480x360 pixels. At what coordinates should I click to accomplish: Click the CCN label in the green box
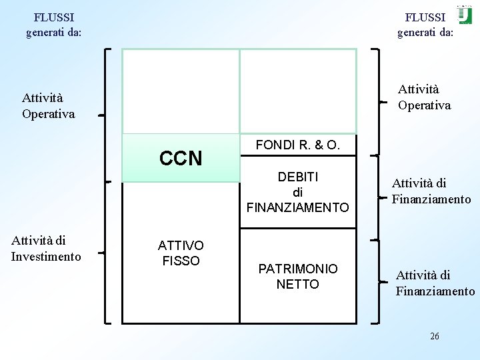pyautogui.click(x=181, y=159)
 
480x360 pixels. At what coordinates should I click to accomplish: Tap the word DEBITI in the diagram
pyautogui.click(x=297, y=177)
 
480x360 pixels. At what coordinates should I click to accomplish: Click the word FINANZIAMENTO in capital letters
pyautogui.click(x=297, y=207)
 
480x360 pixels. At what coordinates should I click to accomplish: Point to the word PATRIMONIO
pyautogui.click(x=297, y=269)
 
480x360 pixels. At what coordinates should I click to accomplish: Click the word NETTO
pyautogui.click(x=297, y=285)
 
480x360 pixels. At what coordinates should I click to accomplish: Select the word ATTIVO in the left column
pyautogui.click(x=181, y=245)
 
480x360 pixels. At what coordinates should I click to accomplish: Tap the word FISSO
pyautogui.click(x=181, y=261)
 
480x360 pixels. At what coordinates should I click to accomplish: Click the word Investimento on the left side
pyautogui.click(x=46, y=257)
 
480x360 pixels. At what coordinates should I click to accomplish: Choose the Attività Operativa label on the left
pyautogui.click(x=48, y=107)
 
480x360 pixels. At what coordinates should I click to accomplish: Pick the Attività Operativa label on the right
pyautogui.click(x=424, y=97)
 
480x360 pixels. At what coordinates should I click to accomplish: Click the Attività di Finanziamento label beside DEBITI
pyautogui.click(x=431, y=191)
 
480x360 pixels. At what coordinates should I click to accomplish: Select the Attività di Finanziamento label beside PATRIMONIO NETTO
pyautogui.click(x=435, y=283)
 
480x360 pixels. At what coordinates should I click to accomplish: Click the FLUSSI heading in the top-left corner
pyautogui.click(x=54, y=17)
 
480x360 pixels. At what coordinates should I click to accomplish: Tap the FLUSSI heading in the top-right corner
pyautogui.click(x=425, y=17)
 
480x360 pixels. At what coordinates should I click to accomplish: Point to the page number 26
pyautogui.click(x=434, y=336)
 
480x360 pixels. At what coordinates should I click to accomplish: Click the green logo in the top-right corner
pyautogui.click(x=464, y=15)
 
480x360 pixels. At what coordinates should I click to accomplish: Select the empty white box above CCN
pyautogui.click(x=181, y=92)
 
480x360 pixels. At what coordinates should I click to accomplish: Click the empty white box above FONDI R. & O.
pyautogui.click(x=298, y=92)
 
